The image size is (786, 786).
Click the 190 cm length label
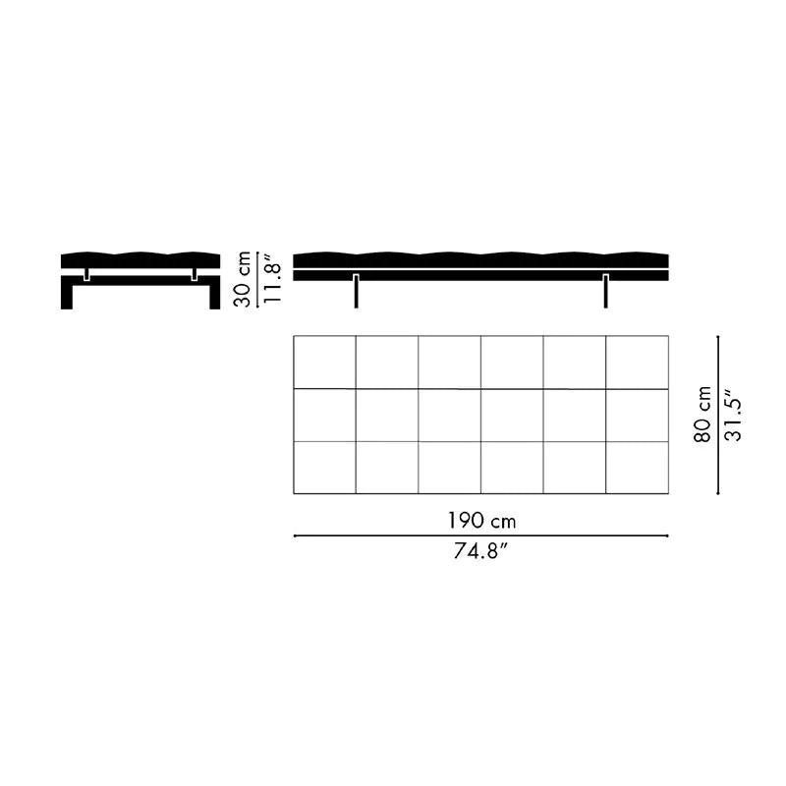click(x=481, y=521)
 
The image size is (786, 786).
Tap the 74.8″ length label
click(x=480, y=551)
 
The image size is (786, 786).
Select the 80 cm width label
click(x=702, y=414)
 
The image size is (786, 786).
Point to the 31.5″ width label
click(x=733, y=414)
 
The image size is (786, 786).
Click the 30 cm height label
click(x=243, y=279)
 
